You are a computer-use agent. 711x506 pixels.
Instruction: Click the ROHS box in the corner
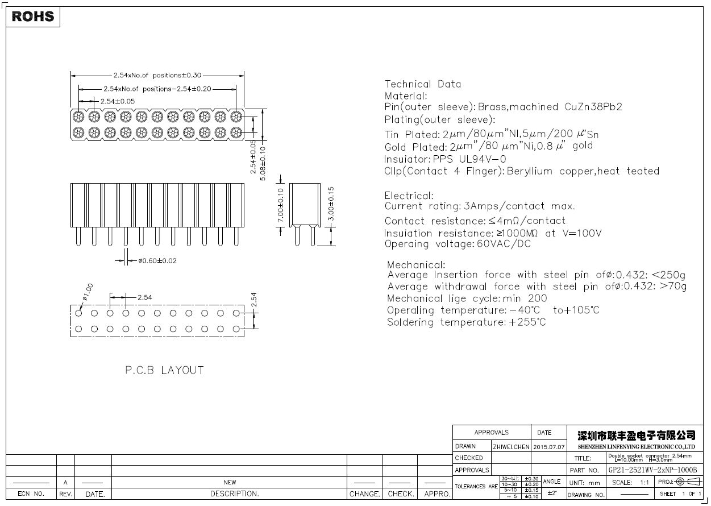pyautogui.click(x=33, y=16)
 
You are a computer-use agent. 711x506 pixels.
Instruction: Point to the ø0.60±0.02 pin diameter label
pyautogui.click(x=157, y=261)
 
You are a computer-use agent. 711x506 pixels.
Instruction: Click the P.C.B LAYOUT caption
pyautogui.click(x=164, y=370)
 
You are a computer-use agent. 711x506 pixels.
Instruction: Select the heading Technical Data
pyautogui.click(x=423, y=84)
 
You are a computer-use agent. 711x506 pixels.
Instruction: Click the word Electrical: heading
pyautogui.click(x=409, y=196)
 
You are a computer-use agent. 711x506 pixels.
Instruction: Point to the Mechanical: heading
pyautogui.click(x=416, y=265)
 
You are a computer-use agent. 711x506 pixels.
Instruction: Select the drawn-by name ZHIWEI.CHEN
pyautogui.click(x=511, y=447)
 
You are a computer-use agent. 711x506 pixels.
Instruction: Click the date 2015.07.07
pyautogui.click(x=549, y=447)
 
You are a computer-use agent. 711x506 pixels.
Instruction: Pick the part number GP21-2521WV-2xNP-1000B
pyautogui.click(x=652, y=470)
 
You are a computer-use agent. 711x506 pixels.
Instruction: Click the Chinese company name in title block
pyautogui.click(x=636, y=436)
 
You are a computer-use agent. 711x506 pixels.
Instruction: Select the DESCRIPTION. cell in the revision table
pyautogui.click(x=235, y=494)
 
